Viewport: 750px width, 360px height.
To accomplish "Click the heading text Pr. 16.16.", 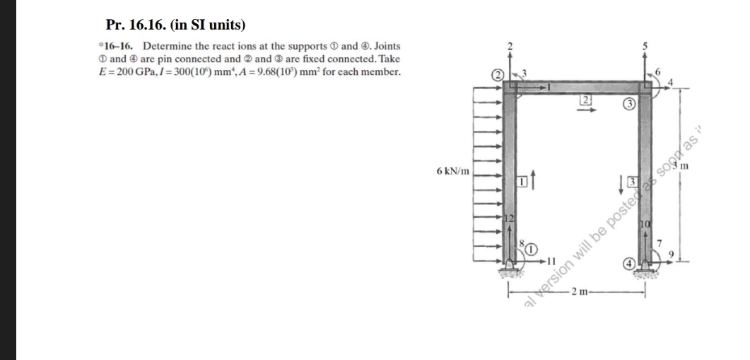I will (x=138, y=25).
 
